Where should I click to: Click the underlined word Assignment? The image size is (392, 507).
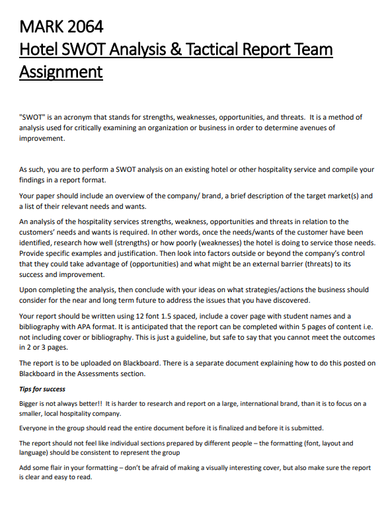point(61,71)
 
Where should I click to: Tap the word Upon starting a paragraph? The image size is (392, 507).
point(30,289)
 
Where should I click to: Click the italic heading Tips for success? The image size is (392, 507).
point(42,389)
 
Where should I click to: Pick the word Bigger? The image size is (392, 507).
point(30,403)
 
